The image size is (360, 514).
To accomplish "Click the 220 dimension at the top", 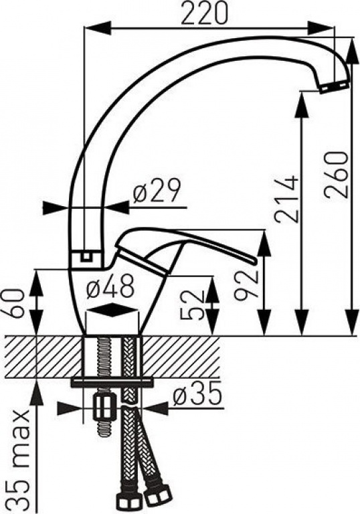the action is coord(205,13).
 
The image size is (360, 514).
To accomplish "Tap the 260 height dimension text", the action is coord(337,174).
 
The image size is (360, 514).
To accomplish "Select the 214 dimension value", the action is coord(287,199).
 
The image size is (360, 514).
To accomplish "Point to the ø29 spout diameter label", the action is coord(157,191).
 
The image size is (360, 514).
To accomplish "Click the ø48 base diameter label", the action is coord(110,286).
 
